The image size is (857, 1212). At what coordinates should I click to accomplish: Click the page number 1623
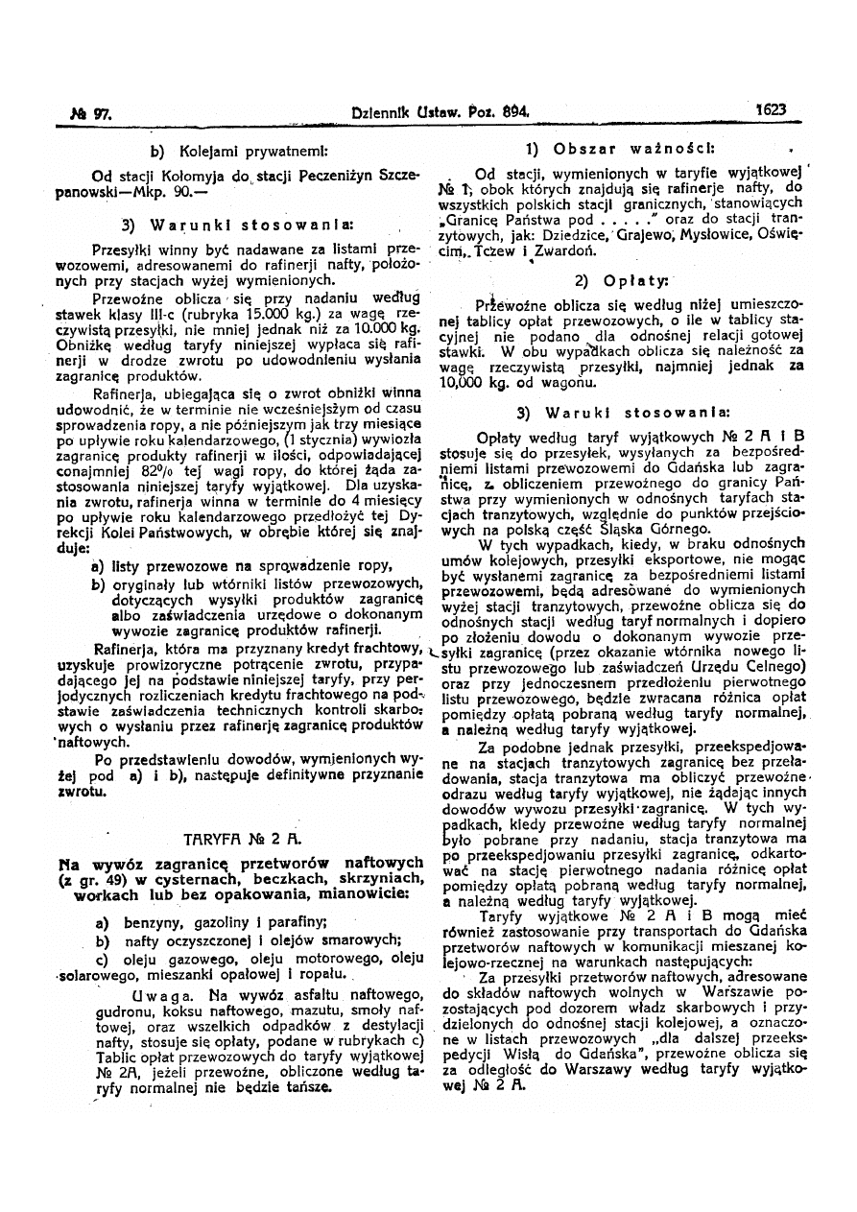click(771, 110)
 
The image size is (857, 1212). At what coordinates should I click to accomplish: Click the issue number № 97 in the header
click(99, 112)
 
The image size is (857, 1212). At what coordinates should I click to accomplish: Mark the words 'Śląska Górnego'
click(621, 529)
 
